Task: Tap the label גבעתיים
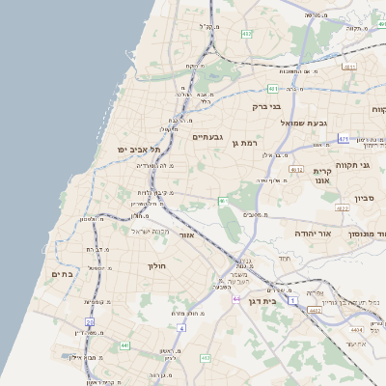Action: (x=207, y=137)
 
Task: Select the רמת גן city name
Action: (x=248, y=142)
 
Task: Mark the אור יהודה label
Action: (x=311, y=234)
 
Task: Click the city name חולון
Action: (x=157, y=265)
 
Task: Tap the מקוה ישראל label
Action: (x=151, y=231)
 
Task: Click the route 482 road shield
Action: (x=246, y=34)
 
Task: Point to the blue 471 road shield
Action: (x=344, y=139)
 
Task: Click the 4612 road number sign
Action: (x=296, y=170)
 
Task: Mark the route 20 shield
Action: (x=89, y=321)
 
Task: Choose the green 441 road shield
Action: (x=124, y=345)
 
